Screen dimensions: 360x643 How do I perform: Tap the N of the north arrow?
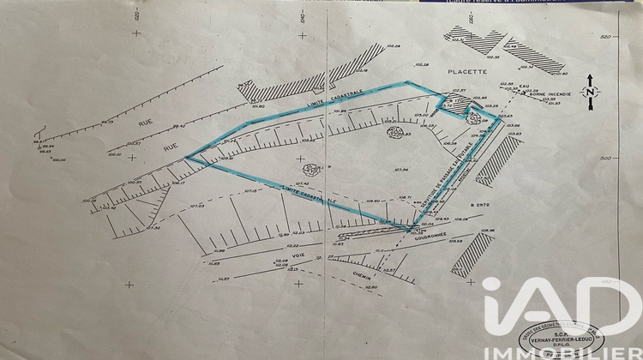tap(591, 92)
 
